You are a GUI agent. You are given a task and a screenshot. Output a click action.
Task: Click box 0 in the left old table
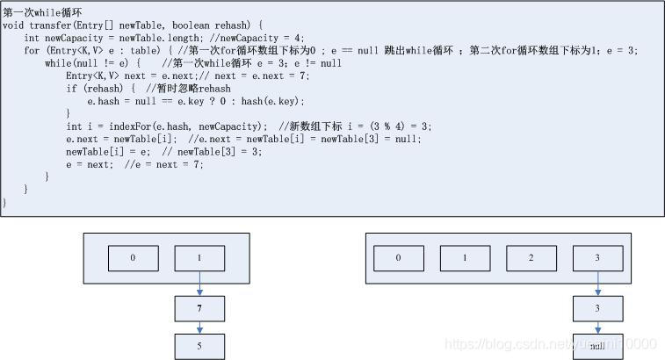pyautogui.click(x=134, y=258)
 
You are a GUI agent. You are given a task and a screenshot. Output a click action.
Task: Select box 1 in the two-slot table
pyautogui.click(x=199, y=258)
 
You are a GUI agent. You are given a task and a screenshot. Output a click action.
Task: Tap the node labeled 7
pyautogui.click(x=199, y=310)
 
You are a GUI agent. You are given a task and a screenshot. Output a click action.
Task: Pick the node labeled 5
pyautogui.click(x=199, y=346)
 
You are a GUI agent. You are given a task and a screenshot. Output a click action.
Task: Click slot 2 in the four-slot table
pyautogui.click(x=531, y=258)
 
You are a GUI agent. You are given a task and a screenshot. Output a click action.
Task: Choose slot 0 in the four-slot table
pyautogui.click(x=398, y=258)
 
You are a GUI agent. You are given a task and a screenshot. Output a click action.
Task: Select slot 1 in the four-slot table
pyautogui.click(x=465, y=258)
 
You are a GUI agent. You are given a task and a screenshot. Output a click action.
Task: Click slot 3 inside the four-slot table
pyautogui.click(x=598, y=258)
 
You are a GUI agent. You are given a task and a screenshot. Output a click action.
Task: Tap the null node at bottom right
pyautogui.click(x=598, y=346)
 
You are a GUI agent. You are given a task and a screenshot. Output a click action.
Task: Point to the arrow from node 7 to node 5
pyautogui.click(x=199, y=328)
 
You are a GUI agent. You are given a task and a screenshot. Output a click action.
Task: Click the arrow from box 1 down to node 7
pyautogui.click(x=199, y=284)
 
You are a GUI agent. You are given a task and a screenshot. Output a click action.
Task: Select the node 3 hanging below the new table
pyautogui.click(x=598, y=309)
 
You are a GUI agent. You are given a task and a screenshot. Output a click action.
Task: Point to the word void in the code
pyautogui.click(x=13, y=25)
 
